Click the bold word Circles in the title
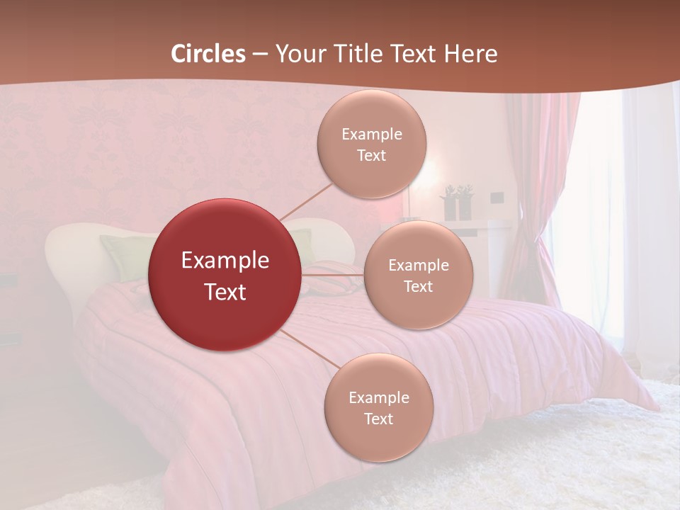pyautogui.click(x=208, y=54)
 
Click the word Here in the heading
pyautogui.click(x=470, y=54)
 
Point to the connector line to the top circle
pyautogui.click(x=306, y=201)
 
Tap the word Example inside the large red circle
pyautogui.click(x=225, y=261)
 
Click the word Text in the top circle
pyautogui.click(x=372, y=156)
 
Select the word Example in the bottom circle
pyautogui.click(x=379, y=398)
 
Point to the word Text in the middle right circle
pyautogui.click(x=419, y=287)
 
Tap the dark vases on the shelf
pyautogui.click(x=457, y=203)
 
